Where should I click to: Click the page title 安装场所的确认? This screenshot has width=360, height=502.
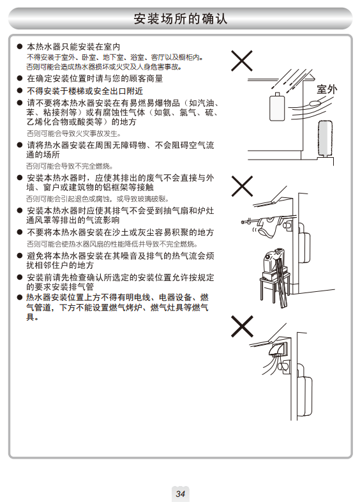pos(181,19)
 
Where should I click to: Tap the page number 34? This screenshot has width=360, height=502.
pos(181,493)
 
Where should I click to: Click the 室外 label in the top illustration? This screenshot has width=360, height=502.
pos(327,89)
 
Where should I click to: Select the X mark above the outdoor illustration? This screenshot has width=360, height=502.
pos(242,61)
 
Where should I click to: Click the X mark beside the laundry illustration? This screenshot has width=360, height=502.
pos(242,186)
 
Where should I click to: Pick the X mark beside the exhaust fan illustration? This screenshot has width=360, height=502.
pos(242,326)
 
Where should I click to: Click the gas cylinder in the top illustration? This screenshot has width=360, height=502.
pos(277,107)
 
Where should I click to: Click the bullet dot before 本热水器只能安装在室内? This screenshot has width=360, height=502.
pos(20,47)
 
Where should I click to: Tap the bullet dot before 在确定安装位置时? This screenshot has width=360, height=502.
pos(20,79)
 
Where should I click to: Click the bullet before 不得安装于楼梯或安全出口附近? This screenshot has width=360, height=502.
pos(20,91)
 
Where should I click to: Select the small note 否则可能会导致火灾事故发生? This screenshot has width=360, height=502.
pos(73,133)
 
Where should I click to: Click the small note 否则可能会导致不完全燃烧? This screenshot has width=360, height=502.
pos(70,166)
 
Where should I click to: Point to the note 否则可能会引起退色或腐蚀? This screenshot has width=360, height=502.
pos(97,199)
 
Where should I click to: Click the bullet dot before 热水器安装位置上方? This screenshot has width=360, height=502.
pos(20,298)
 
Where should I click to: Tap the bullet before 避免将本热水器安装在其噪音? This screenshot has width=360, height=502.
pos(20,256)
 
